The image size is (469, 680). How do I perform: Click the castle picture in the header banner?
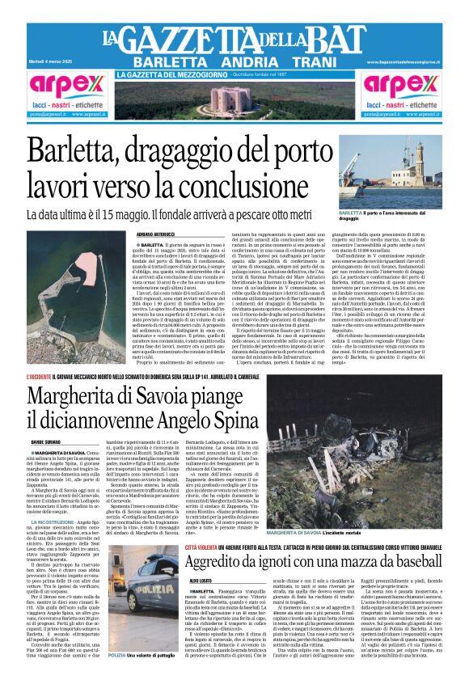pos(234,95)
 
